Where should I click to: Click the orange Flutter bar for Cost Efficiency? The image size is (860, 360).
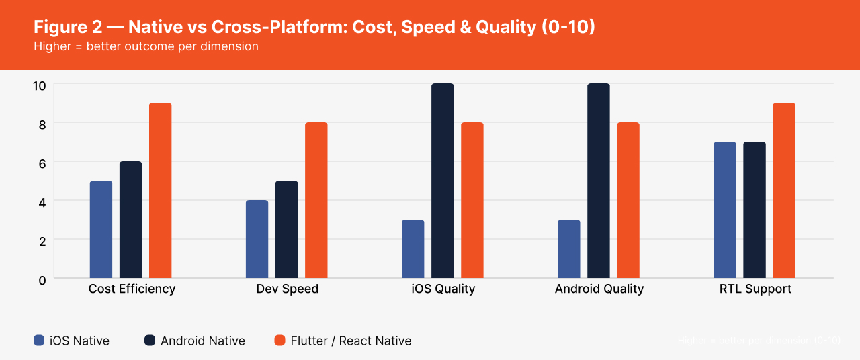[161, 191]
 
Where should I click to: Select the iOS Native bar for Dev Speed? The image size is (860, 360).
[257, 239]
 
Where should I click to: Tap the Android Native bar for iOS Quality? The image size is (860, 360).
[443, 181]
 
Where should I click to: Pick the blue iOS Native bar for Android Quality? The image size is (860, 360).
[569, 249]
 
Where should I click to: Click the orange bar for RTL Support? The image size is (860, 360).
[784, 191]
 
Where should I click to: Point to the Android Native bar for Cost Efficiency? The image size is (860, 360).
[131, 220]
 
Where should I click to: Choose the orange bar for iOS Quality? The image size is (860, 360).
[472, 200]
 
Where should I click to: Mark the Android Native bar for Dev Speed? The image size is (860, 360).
[287, 229]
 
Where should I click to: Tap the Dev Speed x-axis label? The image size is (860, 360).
[287, 289]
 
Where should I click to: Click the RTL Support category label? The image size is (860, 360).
[755, 289]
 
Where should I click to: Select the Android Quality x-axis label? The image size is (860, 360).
[599, 289]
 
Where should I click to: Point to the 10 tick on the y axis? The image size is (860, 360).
[40, 86]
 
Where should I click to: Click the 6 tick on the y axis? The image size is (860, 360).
[42, 163]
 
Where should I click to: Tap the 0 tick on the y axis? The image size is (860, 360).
[42, 280]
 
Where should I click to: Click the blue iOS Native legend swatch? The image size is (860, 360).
[39, 341]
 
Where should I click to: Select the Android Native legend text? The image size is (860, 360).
[202, 341]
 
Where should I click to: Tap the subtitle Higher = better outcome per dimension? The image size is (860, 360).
[146, 47]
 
